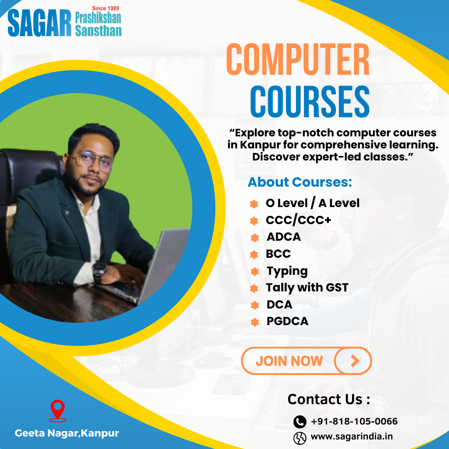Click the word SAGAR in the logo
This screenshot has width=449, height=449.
coord(39,24)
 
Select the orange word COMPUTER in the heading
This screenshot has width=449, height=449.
coord(298,61)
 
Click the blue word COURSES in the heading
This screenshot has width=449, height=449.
coord(310,102)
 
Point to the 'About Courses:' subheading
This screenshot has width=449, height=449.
coord(300,182)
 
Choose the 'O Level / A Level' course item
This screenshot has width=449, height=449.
coord(313,203)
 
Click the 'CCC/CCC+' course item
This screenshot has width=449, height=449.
coord(299,220)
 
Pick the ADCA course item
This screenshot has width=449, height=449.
coord(284,237)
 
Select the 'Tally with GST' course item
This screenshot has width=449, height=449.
coord(307,287)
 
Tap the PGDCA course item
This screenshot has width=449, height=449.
coord(287,321)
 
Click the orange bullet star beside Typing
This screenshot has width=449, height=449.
coord(254,272)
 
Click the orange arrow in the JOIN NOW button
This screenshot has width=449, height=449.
coord(354,361)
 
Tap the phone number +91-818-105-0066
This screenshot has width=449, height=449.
coord(354,422)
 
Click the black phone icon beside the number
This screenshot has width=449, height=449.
coord(300,422)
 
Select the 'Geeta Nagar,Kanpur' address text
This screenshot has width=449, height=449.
coord(67,433)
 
